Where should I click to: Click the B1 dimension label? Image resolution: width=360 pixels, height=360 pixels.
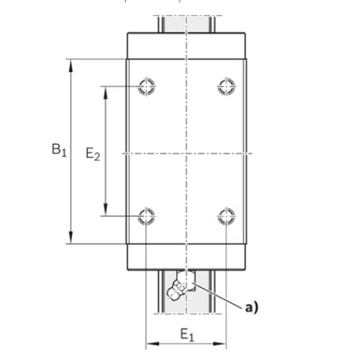pos(59,150)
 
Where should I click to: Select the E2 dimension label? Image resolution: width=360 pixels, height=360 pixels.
pos(92,154)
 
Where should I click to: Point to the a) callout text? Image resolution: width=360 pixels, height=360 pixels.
pos(251,308)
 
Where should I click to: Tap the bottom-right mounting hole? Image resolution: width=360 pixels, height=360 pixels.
pos(226,216)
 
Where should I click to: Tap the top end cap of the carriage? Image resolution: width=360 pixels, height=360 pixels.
pos(186,46)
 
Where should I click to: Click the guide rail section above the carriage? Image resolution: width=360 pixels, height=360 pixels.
pos(186,24)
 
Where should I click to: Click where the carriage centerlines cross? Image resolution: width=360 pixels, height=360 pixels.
pos(186,154)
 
